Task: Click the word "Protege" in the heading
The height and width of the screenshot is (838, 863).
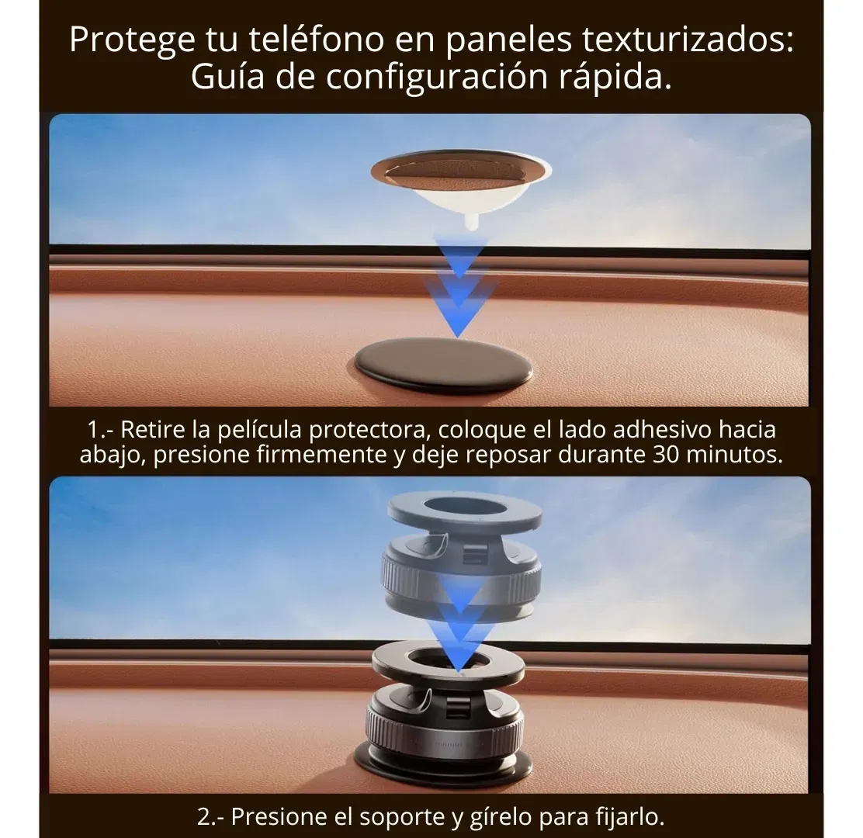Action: [x=132, y=40]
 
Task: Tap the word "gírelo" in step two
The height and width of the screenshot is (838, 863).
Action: [x=501, y=817]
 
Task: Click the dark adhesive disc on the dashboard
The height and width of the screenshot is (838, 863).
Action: [x=443, y=362]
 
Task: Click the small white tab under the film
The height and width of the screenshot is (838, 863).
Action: [x=470, y=221]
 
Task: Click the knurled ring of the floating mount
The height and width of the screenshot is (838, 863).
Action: [x=461, y=579]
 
